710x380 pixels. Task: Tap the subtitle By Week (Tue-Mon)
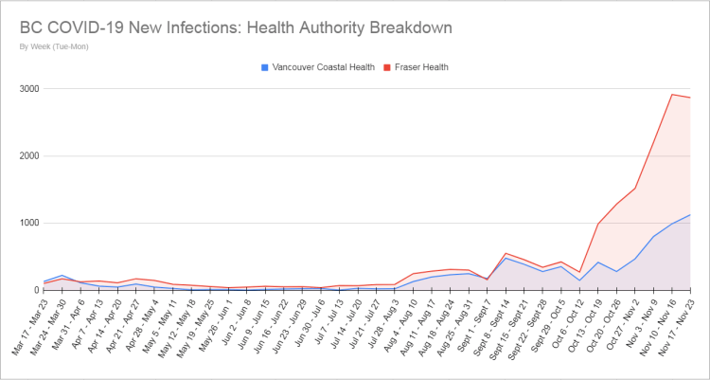[x=48, y=45]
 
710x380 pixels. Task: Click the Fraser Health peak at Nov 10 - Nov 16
[x=671, y=95]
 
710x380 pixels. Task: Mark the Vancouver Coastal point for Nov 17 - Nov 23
[x=690, y=215]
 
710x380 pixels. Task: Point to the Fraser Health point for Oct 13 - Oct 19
[x=598, y=225]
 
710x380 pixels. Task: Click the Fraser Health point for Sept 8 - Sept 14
[x=506, y=253]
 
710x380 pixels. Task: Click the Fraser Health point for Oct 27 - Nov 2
[x=635, y=188]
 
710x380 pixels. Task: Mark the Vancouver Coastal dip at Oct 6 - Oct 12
[x=580, y=280]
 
